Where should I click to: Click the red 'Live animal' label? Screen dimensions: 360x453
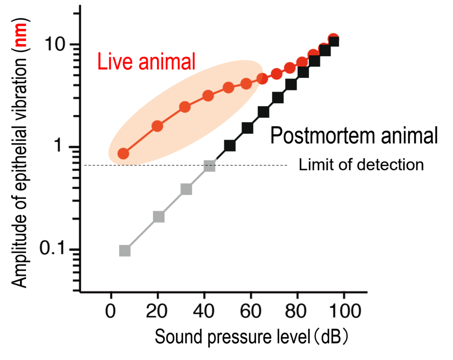click(146, 62)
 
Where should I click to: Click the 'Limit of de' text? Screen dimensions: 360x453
click(334, 165)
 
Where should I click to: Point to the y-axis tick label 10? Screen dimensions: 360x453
click(55, 44)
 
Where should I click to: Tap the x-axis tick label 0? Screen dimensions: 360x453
click(111, 312)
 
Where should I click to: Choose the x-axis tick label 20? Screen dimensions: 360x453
click(157, 312)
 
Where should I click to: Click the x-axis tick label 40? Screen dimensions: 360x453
click(204, 312)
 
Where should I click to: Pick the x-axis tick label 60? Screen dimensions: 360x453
click(250, 312)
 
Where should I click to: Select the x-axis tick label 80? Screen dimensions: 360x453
click(296, 312)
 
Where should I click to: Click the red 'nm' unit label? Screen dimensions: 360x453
click(21, 35)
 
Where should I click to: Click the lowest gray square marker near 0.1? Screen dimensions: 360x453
click(125, 251)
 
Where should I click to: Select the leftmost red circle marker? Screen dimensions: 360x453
click(123, 154)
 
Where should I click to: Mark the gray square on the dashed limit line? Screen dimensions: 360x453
click(210, 166)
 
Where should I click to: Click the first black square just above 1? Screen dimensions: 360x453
click(230, 146)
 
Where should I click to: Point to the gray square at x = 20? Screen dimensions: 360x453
click(159, 217)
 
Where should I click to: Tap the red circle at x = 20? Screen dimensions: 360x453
click(157, 126)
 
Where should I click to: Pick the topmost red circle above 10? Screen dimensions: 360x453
click(334, 39)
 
